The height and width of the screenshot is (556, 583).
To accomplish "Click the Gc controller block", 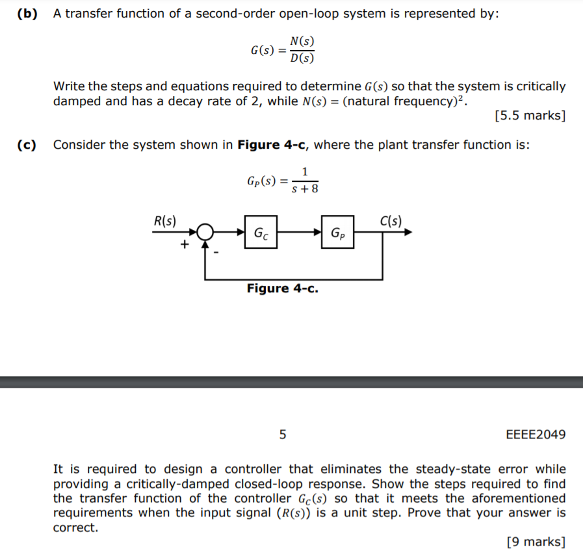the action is pyautogui.click(x=261, y=232).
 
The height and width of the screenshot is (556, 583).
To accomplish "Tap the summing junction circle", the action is pyautogui.click(x=206, y=232).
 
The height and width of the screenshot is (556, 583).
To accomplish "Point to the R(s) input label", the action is pyautogui.click(x=164, y=220).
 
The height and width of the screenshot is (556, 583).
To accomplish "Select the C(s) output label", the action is pyautogui.click(x=390, y=220).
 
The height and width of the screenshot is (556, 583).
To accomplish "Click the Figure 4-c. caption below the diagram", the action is pyautogui.click(x=283, y=288).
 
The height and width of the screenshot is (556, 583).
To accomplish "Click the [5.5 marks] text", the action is pyautogui.click(x=530, y=116).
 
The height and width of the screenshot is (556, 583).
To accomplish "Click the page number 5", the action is pyautogui.click(x=283, y=434).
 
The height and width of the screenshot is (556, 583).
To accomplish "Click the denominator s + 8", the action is pyautogui.click(x=305, y=190).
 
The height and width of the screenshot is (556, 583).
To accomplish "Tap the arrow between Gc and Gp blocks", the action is pyautogui.click(x=300, y=232).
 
